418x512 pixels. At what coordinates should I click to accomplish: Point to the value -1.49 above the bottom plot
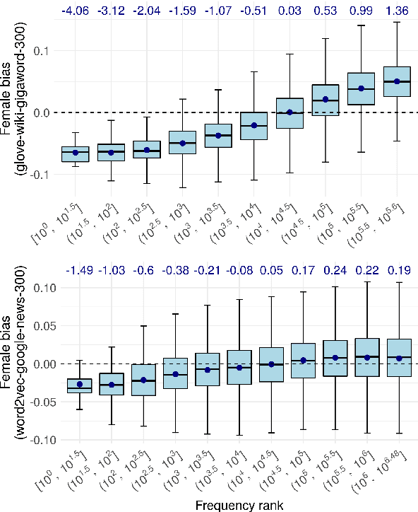(80, 270)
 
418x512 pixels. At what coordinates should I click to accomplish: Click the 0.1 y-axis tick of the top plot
(48, 51)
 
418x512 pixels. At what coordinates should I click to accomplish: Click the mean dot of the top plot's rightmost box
(397, 81)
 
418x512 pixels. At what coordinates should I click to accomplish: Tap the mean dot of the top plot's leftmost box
(75, 153)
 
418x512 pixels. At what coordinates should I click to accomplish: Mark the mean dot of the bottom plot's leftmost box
(80, 385)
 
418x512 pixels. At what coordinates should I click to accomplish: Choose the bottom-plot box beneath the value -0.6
(144, 380)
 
